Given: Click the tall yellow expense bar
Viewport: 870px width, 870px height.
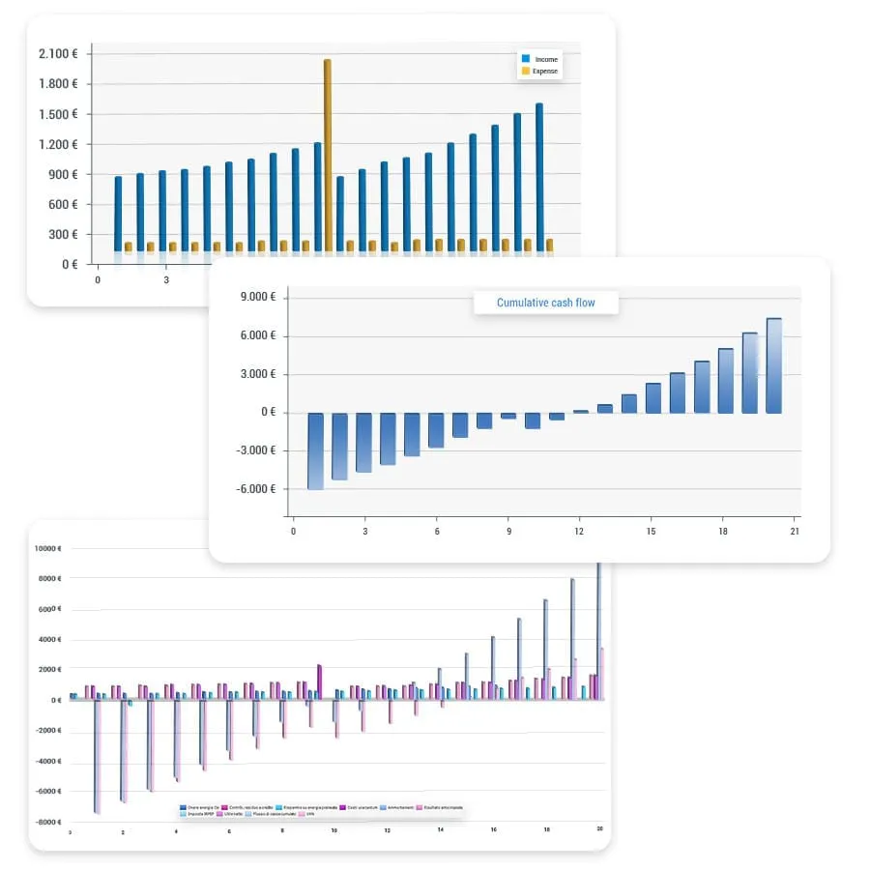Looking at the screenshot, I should (328, 155).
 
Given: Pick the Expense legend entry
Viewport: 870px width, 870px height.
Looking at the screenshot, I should (544, 72).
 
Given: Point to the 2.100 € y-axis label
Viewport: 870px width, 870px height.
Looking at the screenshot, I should (58, 54).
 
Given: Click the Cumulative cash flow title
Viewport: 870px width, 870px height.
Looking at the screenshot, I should (545, 304).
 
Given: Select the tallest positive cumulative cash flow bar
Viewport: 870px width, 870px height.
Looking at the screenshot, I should (773, 365).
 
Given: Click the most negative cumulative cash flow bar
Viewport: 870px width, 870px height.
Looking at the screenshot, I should (316, 450).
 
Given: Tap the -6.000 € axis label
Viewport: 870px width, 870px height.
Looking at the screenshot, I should (254, 489).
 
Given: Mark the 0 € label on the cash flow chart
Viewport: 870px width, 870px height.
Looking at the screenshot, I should (268, 413).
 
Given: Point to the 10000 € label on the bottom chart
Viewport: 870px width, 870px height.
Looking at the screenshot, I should (48, 548).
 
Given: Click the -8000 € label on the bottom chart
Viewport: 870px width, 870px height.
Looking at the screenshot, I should (48, 822).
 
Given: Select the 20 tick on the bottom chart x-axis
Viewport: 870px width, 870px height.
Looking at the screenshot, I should (599, 830).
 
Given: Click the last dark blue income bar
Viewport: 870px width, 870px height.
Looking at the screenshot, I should (539, 178).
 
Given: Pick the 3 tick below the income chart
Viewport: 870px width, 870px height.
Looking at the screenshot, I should (165, 280).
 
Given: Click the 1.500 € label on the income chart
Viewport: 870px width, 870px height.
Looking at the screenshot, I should (58, 115).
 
